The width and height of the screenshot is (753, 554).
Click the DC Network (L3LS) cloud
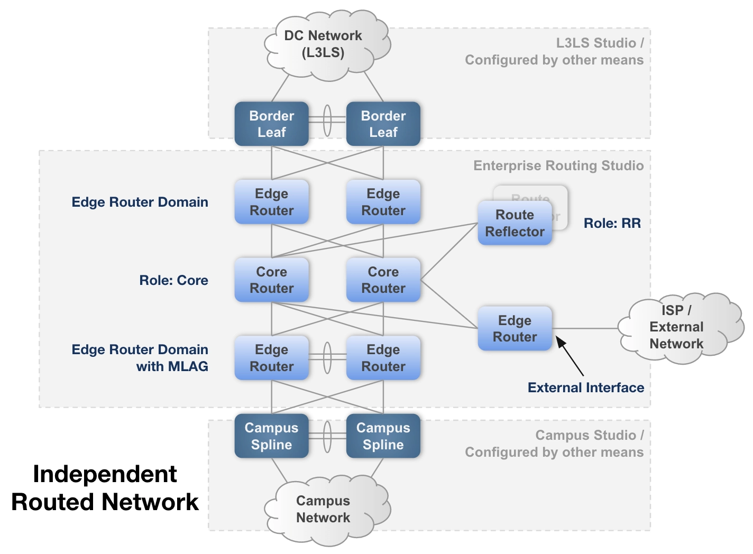[x=323, y=44]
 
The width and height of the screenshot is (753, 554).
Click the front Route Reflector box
[x=515, y=223]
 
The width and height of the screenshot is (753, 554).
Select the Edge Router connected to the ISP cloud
[x=515, y=328]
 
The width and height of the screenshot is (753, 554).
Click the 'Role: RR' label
[x=612, y=223]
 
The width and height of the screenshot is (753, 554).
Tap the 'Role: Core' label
[x=173, y=280]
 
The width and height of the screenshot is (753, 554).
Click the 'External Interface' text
[x=585, y=387]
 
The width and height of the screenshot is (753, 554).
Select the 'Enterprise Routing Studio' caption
[x=558, y=166]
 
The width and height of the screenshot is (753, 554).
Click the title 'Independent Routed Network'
[x=105, y=488]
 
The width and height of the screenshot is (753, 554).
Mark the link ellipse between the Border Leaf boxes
[x=327, y=120]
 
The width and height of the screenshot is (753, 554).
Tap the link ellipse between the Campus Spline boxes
[x=327, y=437]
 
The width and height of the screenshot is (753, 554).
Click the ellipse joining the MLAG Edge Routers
[x=327, y=358]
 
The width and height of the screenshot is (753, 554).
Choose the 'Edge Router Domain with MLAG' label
[x=140, y=358]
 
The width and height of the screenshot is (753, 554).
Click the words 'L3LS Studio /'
[x=599, y=43]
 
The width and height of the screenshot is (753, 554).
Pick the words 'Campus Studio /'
[x=589, y=435]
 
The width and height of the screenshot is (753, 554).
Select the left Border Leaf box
[x=271, y=124]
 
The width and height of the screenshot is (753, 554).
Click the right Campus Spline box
[x=383, y=436]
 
